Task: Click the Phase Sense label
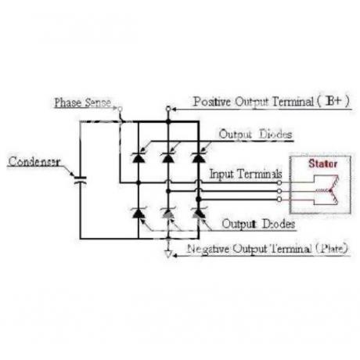pyautogui.click(x=83, y=103)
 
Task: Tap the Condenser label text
pyautogui.click(x=34, y=161)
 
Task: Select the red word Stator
pyautogui.click(x=323, y=164)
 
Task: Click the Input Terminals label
pyautogui.click(x=246, y=174)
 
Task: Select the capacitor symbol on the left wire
pyautogui.click(x=80, y=180)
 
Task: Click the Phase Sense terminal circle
pyautogui.click(x=120, y=109)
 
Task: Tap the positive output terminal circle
pyautogui.click(x=168, y=109)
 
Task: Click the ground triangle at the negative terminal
pyautogui.click(x=168, y=254)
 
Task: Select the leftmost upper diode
pyautogui.click(x=139, y=157)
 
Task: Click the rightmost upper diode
pyautogui.click(x=199, y=157)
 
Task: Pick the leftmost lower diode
pyautogui.click(x=139, y=213)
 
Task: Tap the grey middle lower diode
pyautogui.click(x=168, y=213)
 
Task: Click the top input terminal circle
pyautogui.click(x=279, y=183)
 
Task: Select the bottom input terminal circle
pyautogui.click(x=279, y=200)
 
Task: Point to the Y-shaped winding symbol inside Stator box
pyautogui.click(x=329, y=190)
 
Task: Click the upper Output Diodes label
pyautogui.click(x=255, y=135)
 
